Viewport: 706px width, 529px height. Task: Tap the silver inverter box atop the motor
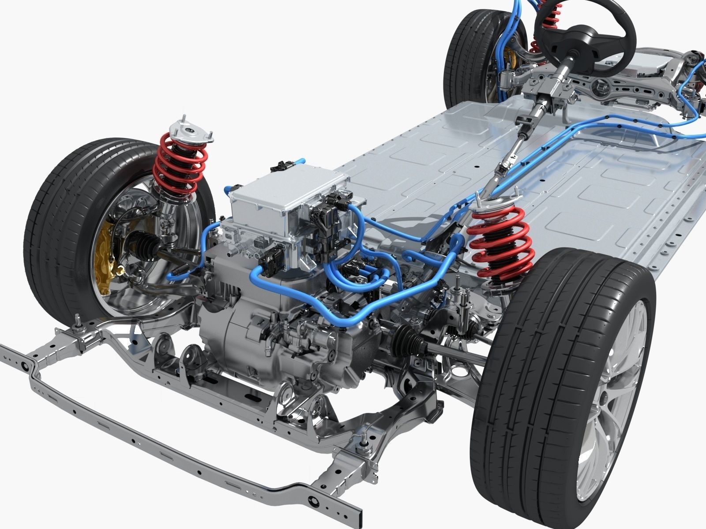287,194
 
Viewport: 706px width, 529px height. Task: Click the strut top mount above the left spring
192,130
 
